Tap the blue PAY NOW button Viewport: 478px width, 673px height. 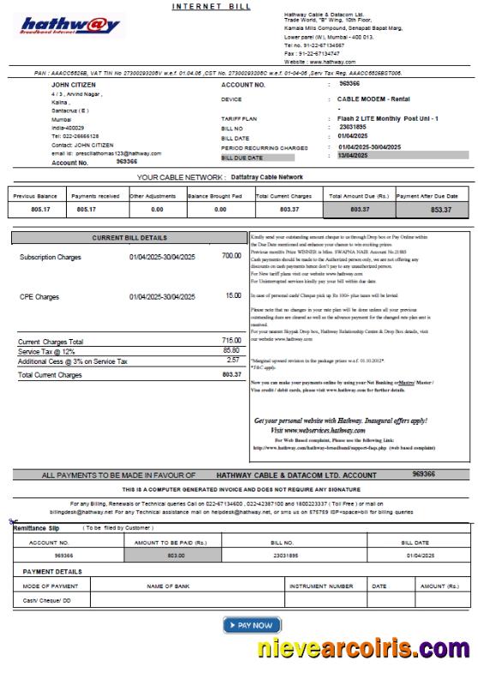(252, 625)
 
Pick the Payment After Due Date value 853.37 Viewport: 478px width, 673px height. (440, 209)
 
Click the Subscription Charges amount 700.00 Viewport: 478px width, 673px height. (230, 256)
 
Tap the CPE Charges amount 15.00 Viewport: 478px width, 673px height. (233, 295)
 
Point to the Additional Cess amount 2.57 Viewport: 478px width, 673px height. (233, 361)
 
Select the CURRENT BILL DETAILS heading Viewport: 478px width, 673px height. (129, 237)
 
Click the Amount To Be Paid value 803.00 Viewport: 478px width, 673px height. (176, 556)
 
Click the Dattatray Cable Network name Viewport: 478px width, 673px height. (266, 177)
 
